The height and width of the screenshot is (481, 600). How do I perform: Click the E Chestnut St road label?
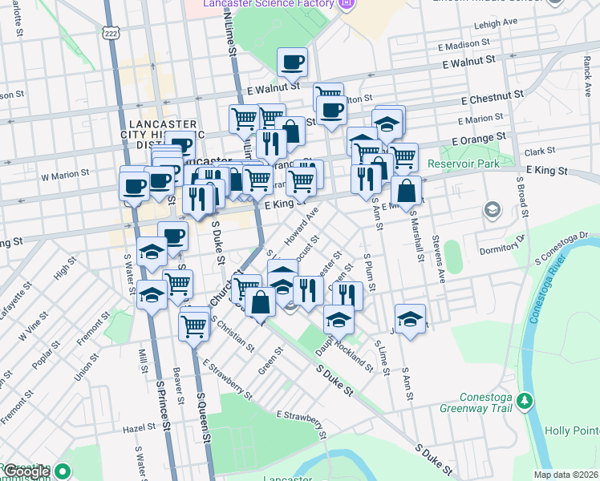point(493,95)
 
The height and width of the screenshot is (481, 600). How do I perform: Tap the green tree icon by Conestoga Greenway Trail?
point(525,399)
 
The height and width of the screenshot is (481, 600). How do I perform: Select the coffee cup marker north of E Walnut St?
point(292,61)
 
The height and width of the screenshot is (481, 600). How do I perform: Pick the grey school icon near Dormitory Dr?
point(491,210)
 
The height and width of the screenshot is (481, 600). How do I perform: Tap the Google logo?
point(27,471)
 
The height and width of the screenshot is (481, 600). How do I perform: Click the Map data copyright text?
point(566,475)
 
